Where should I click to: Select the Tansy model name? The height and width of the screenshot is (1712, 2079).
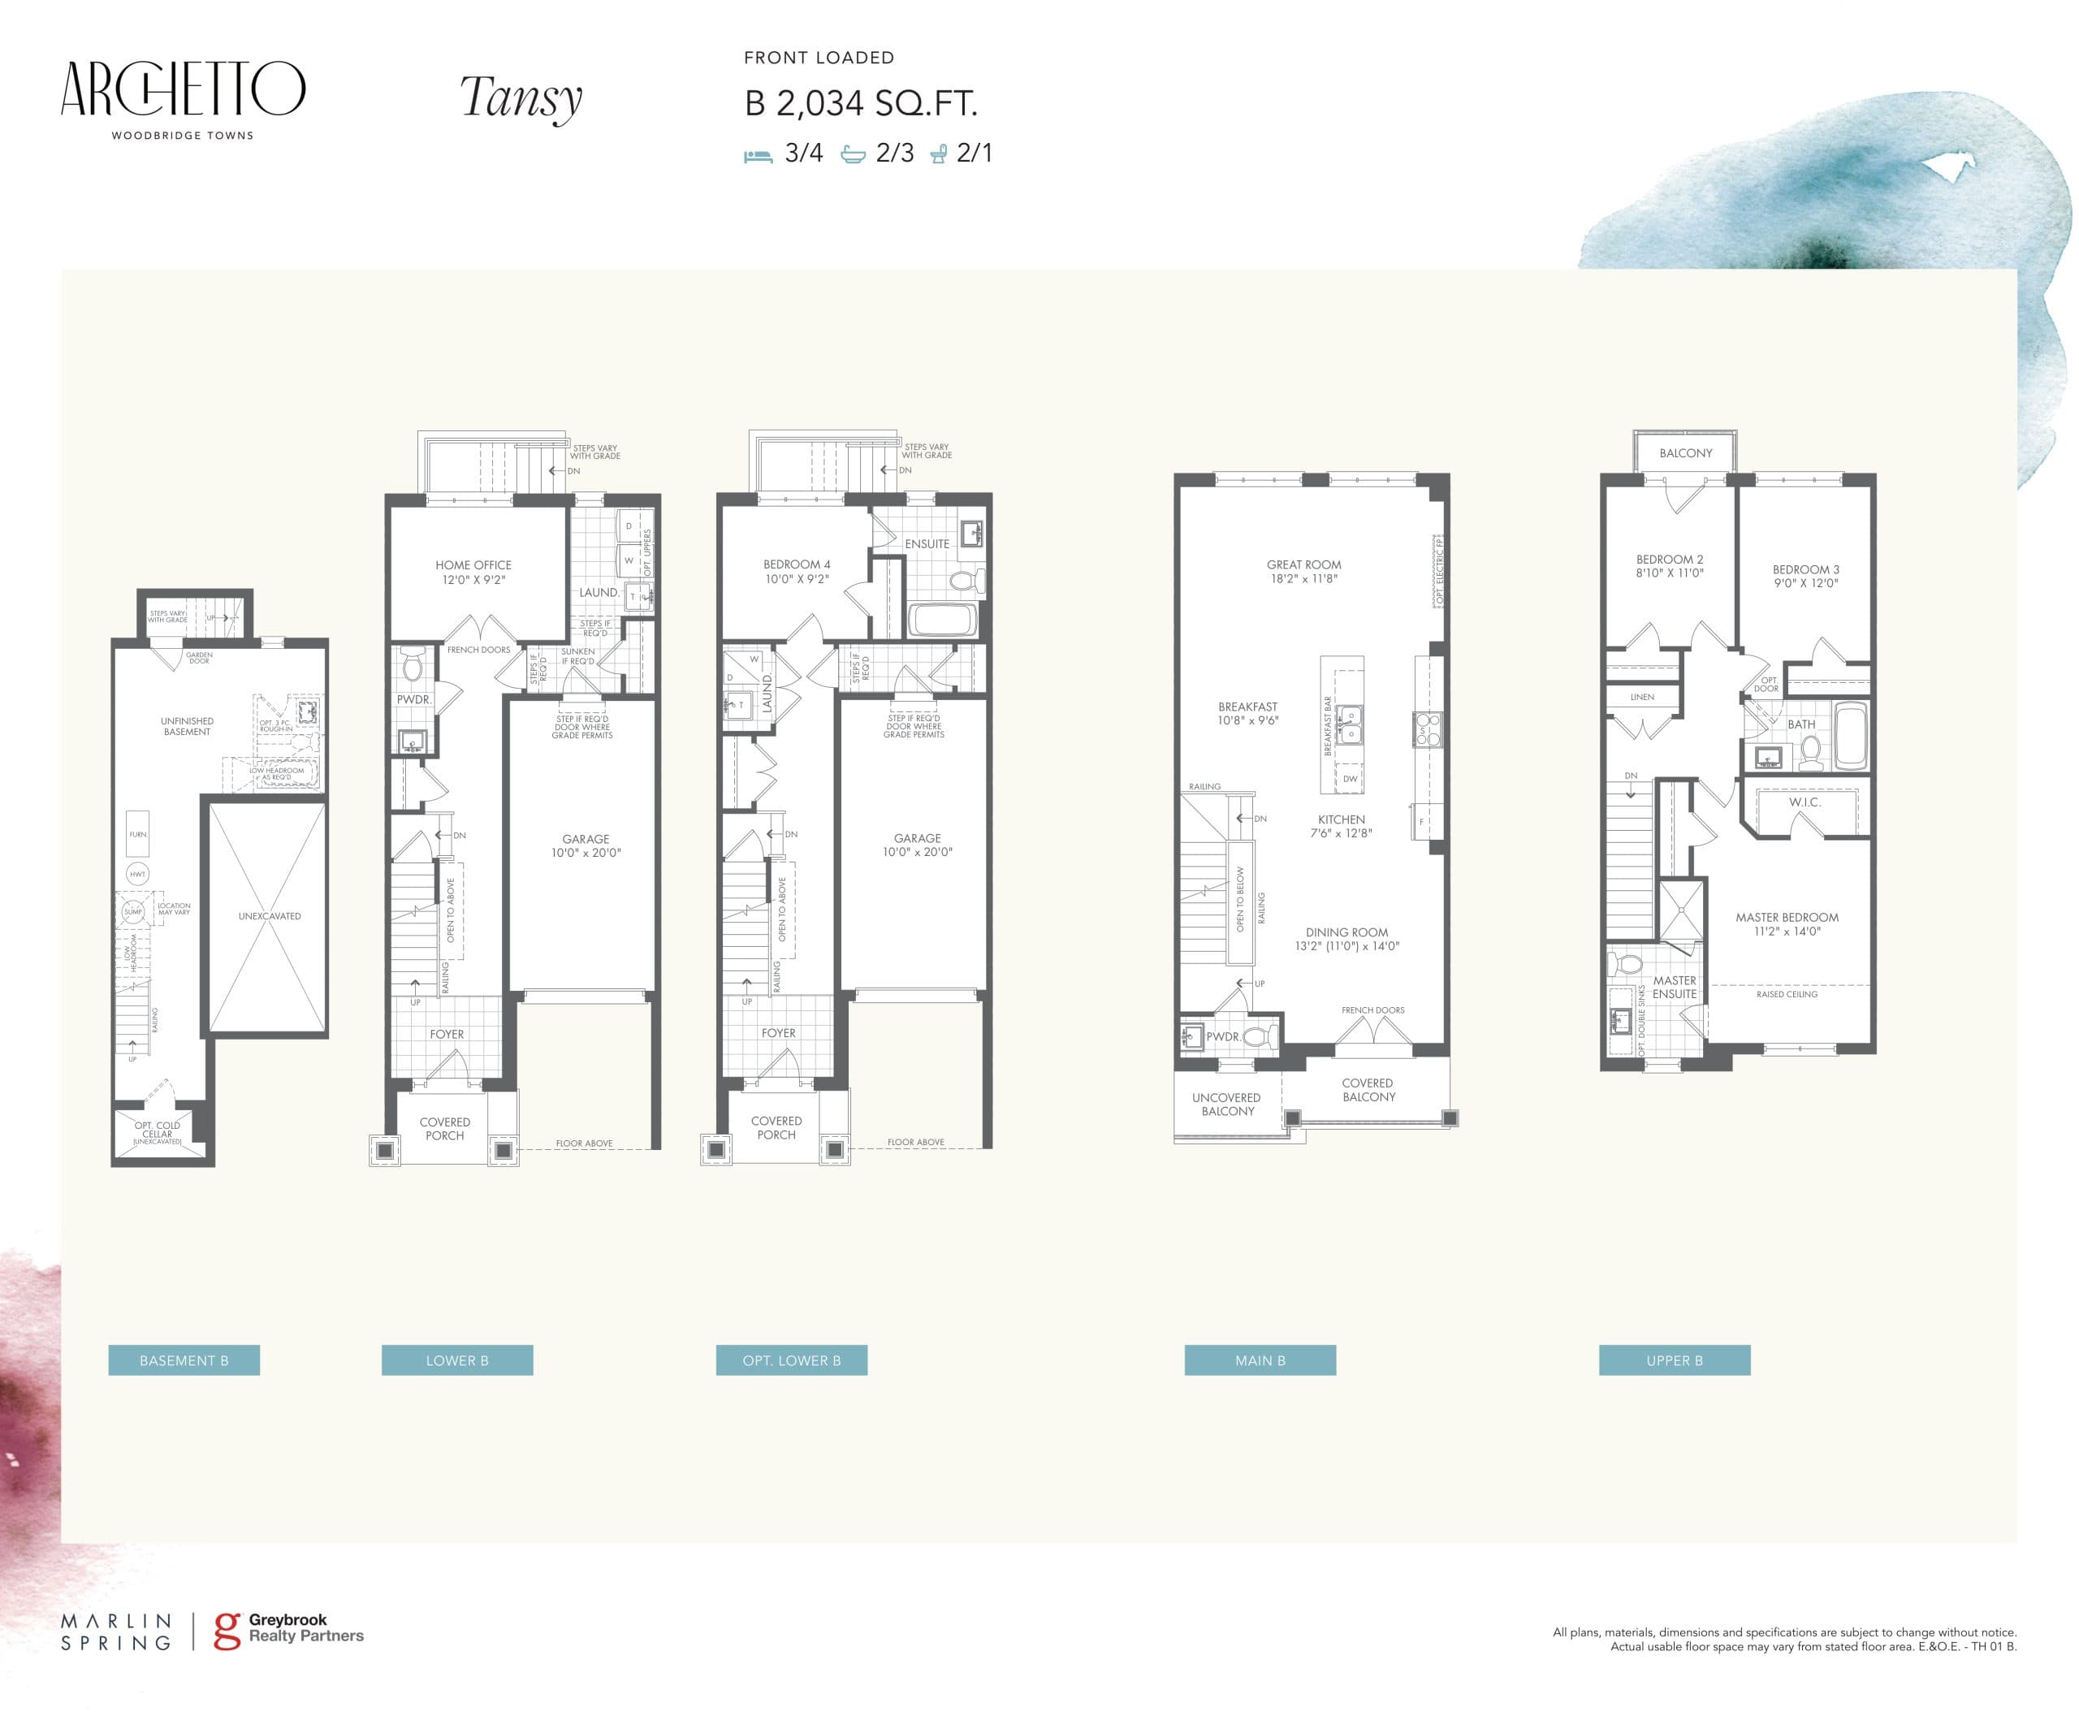521,98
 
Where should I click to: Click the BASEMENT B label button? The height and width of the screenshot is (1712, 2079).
184,1360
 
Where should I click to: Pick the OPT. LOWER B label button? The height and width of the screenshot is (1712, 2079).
791,1360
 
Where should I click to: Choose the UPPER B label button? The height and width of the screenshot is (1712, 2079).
1674,1360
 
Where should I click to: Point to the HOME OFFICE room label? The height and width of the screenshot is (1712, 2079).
473,565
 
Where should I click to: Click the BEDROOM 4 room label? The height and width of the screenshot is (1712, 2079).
796,565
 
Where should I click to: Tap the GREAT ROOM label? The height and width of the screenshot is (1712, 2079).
1303,565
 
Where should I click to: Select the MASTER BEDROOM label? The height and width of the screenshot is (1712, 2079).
1786,917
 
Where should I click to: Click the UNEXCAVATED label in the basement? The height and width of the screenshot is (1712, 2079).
270,916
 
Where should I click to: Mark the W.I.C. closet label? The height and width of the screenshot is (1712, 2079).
1804,802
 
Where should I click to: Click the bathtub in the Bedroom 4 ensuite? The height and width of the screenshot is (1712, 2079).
943,620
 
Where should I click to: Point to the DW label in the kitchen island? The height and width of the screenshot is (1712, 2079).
1349,778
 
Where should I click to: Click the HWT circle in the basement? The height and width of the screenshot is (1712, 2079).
137,874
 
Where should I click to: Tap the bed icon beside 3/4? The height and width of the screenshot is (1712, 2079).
758,155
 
